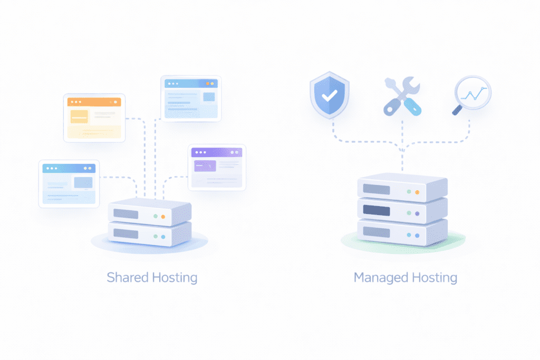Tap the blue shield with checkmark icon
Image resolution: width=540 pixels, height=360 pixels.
pyautogui.click(x=330, y=95)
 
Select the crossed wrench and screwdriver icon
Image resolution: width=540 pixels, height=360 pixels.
pyautogui.click(x=402, y=95)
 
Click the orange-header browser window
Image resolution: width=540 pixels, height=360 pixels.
pyautogui.click(x=94, y=118)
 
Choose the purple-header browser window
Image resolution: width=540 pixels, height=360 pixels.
pyautogui.click(x=217, y=167)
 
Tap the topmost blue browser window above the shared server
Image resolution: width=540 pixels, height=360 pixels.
pyautogui.click(x=191, y=99)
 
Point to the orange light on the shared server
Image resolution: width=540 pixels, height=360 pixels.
pyautogui.click(x=163, y=217)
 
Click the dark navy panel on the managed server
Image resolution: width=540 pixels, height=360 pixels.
pyautogui.click(x=377, y=211)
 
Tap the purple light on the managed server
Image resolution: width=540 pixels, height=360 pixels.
pyautogui.click(x=417, y=213)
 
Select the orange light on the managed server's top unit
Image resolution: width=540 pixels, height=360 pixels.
pyautogui.click(x=417, y=192)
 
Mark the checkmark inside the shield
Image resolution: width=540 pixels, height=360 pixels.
pyautogui.click(x=330, y=96)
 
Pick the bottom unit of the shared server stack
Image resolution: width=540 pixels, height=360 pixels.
pyautogui.click(x=149, y=234)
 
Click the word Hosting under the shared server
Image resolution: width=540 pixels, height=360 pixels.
pyautogui.click(x=175, y=277)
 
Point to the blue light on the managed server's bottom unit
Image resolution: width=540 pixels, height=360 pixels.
pyautogui.click(x=417, y=235)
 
